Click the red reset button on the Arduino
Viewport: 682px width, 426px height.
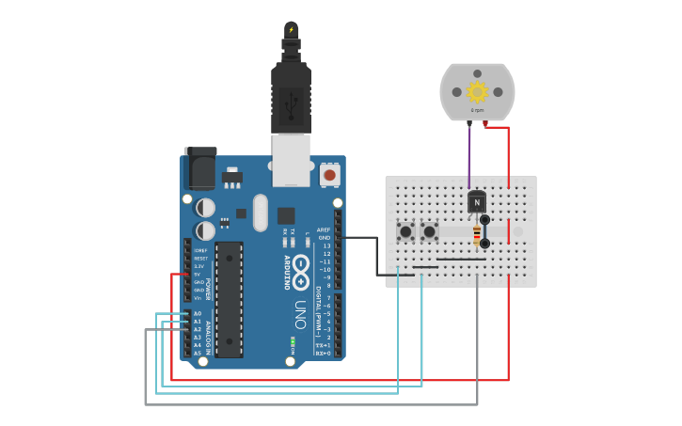[329, 175]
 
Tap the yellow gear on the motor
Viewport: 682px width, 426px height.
[477, 91]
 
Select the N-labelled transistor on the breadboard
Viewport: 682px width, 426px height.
[477, 201]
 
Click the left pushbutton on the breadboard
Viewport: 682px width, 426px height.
[405, 230]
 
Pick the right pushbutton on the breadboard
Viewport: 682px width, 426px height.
[429, 230]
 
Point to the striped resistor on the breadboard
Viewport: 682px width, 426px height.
[477, 234]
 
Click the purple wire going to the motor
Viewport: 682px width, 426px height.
[469, 155]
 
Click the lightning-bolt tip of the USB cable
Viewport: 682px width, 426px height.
[291, 30]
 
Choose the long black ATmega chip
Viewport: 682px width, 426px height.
[229, 299]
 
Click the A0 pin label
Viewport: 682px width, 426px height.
[198, 313]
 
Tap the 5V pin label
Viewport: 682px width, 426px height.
[198, 275]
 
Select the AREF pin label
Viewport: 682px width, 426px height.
[324, 229]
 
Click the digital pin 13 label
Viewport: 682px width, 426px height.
[326, 245]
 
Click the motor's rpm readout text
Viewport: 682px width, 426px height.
[477, 110]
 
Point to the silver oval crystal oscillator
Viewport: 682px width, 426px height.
[261, 212]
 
